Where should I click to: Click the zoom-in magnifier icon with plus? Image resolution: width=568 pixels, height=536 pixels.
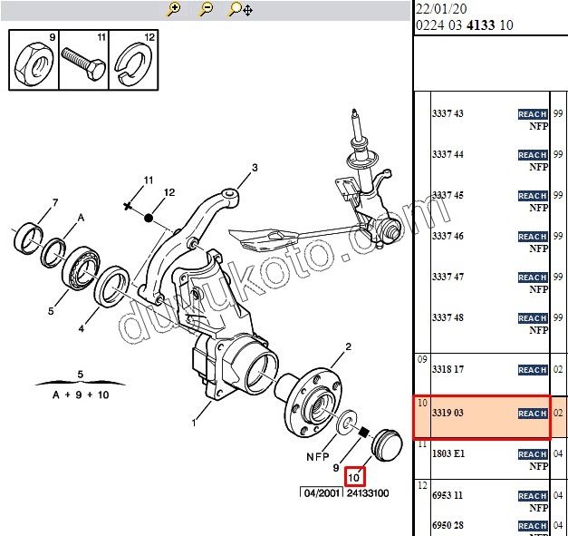(174, 10)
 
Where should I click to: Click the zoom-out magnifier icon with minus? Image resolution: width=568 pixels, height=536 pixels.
(206, 10)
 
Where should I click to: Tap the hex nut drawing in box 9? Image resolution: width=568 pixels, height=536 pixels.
(33, 63)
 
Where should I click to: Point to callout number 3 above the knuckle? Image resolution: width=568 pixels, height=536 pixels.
(255, 168)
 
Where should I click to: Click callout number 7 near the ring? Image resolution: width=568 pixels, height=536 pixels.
(55, 202)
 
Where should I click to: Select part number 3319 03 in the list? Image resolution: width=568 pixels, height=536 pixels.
(448, 414)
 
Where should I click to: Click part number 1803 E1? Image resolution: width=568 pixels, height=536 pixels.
(448, 454)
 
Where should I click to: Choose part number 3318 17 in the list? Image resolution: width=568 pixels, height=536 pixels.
(448, 370)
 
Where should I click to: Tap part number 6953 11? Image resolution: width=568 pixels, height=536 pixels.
(448, 496)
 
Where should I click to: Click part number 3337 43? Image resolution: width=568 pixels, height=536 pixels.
(448, 113)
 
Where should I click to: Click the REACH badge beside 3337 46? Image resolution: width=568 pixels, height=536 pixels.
(532, 237)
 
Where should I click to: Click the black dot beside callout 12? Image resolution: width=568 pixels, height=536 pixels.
(149, 219)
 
